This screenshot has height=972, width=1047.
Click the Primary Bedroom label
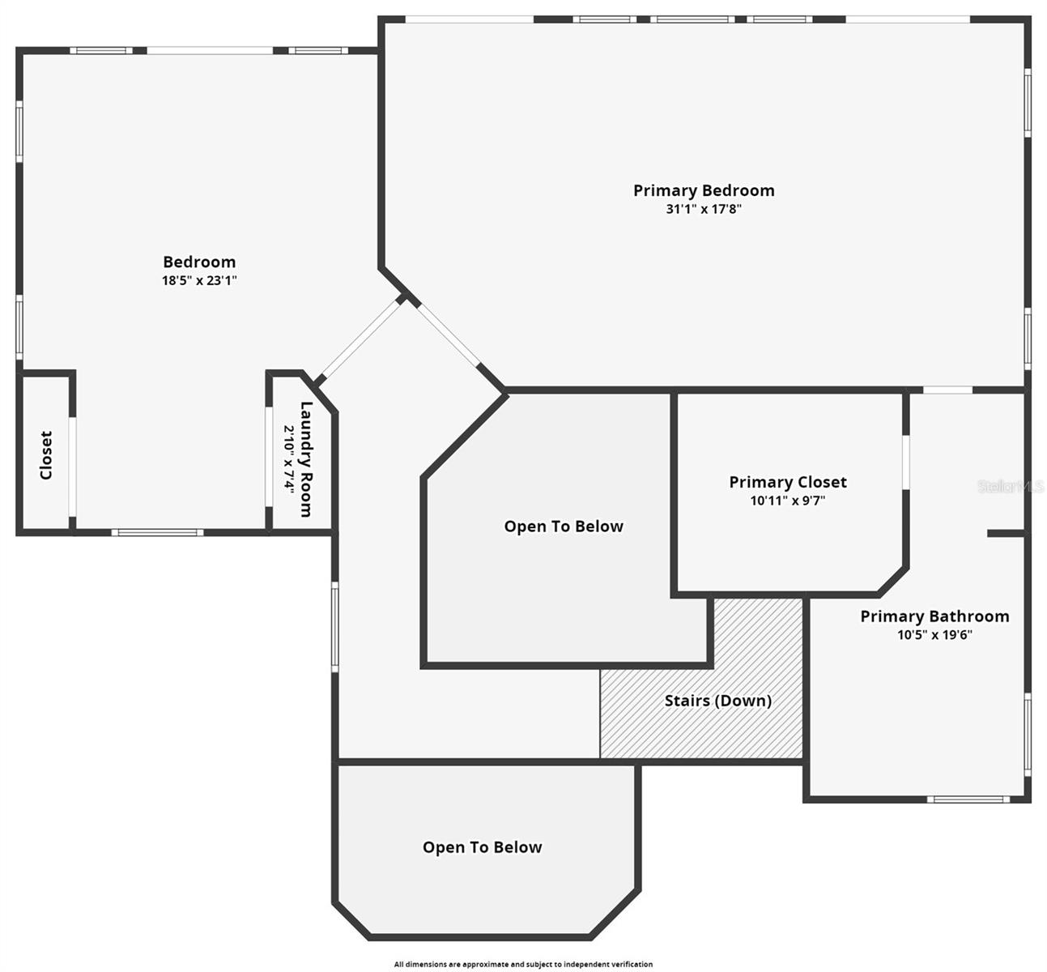coord(703,190)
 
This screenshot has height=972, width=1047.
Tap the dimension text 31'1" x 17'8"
coord(703,209)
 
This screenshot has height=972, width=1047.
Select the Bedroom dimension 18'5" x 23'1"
coord(199,281)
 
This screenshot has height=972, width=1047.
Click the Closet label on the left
coord(46,454)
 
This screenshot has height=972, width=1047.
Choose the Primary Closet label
coord(787,482)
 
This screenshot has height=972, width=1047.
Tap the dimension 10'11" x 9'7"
coord(787,501)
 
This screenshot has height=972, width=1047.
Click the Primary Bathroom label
coord(934,616)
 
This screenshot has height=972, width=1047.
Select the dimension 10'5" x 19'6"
coord(934,635)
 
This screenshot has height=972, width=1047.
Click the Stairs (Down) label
coord(717,701)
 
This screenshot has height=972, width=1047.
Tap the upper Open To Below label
coord(564,526)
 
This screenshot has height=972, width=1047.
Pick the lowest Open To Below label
coord(482,847)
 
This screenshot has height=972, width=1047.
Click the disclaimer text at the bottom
coord(523,964)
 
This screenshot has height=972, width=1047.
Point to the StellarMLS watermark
coord(1010,486)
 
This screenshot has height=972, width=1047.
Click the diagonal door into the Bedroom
coord(360,340)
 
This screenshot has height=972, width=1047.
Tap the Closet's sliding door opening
coord(72,467)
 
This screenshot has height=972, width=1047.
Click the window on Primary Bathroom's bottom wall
coord(968,799)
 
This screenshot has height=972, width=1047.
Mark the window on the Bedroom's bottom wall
coord(157,532)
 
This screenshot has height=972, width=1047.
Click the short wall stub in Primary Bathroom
coord(1006,534)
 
